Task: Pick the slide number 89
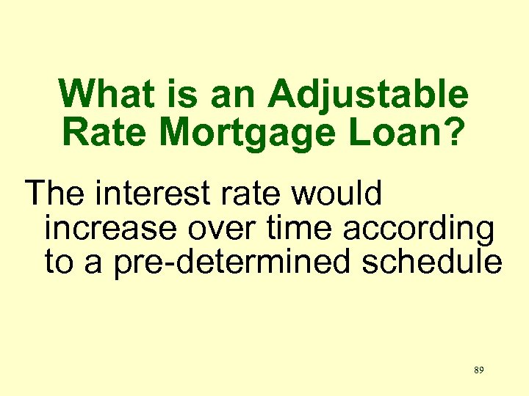478,370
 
